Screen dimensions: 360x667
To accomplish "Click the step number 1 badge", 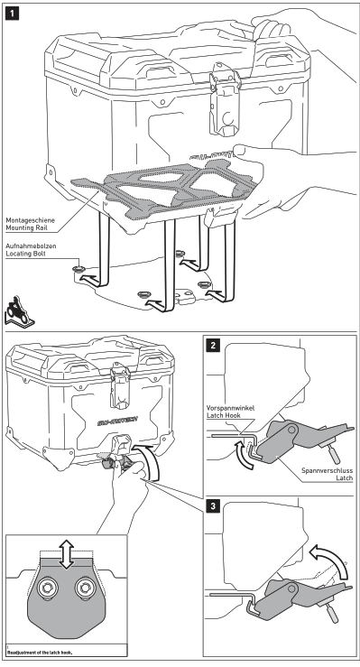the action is (x=12, y=14).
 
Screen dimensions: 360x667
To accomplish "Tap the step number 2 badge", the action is (x=213, y=345).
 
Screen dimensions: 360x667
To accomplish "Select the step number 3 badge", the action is (x=213, y=506).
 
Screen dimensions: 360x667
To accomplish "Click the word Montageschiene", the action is (x=30, y=220).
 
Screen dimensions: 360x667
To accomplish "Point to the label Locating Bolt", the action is (x=25, y=254).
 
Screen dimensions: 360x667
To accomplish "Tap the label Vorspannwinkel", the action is (x=230, y=408).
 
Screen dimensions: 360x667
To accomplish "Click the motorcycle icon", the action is (x=19, y=311).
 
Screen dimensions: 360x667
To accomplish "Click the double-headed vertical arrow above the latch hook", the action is (x=66, y=555).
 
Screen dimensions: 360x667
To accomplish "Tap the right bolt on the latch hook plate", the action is (x=83, y=588).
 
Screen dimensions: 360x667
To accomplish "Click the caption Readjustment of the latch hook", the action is (x=40, y=652).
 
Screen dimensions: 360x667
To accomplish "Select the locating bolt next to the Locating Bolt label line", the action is (x=79, y=269).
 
